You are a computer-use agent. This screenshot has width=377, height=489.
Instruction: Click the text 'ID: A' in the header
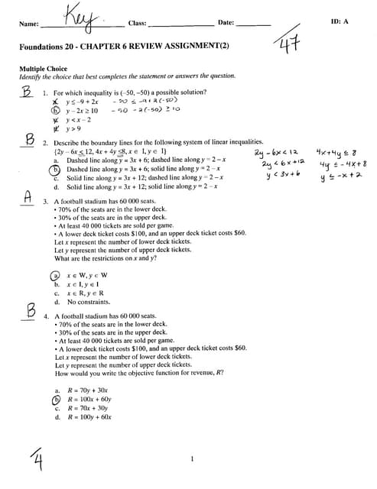pos(340,21)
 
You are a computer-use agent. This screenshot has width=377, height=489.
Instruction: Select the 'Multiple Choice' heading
pos(43,68)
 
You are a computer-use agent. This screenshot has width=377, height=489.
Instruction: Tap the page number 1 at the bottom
pos(193,458)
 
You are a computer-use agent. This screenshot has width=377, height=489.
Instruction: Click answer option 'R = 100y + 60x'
pos(89,417)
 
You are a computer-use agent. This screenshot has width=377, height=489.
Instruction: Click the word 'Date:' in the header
pos(226,23)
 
